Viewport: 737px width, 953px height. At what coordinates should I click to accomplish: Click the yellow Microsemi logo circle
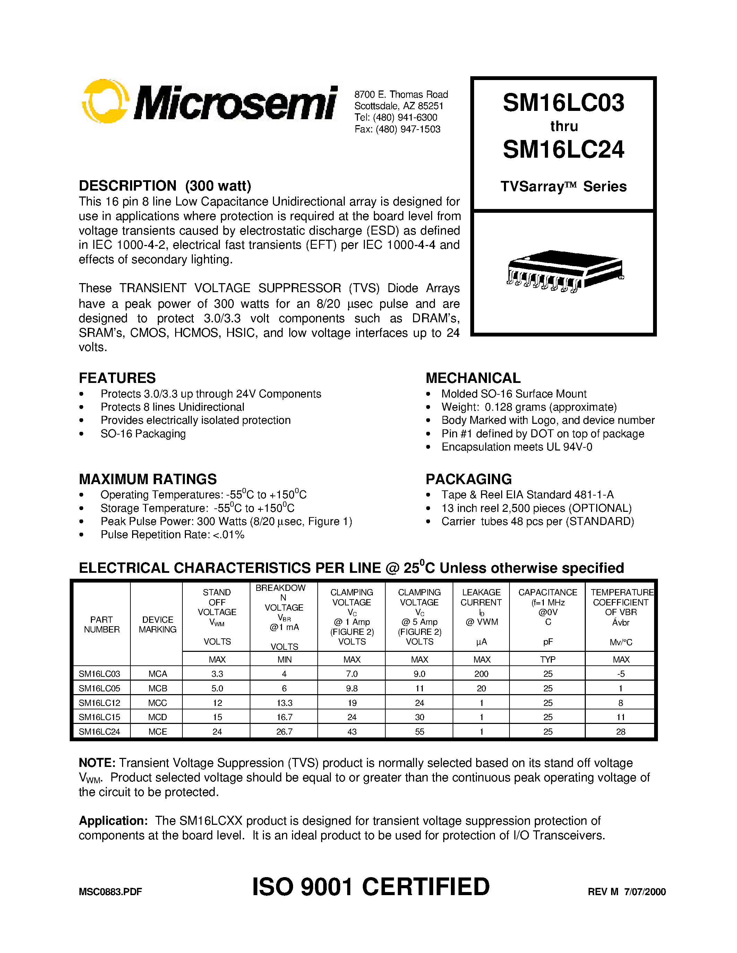(105, 101)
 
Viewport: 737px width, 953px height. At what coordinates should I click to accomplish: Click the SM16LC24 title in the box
(563, 150)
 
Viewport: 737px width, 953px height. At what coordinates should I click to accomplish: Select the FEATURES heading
(117, 378)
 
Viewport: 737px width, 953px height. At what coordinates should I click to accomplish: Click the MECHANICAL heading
(473, 378)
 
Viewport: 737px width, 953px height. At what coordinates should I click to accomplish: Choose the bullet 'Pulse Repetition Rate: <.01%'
(172, 535)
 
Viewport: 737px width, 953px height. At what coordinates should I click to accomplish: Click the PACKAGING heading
(469, 479)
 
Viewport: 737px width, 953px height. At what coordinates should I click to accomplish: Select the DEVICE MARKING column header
(157, 624)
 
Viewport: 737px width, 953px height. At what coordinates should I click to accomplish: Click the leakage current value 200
(481, 674)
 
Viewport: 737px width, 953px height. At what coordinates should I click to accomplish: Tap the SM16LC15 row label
(100, 717)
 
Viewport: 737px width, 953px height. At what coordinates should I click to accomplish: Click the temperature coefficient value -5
(620, 674)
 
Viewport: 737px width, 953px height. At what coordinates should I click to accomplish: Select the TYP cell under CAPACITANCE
(548, 660)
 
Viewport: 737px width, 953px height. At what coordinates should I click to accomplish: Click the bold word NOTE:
(97, 763)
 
